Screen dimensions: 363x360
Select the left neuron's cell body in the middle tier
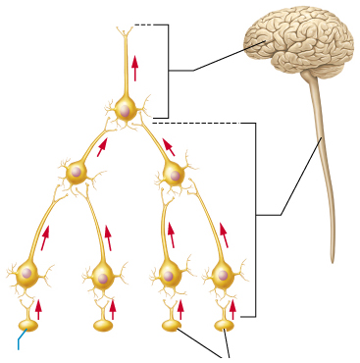(77, 174)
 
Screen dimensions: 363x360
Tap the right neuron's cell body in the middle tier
(174, 175)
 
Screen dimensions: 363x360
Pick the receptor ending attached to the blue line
(26, 324)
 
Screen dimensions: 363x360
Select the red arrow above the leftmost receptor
(38, 308)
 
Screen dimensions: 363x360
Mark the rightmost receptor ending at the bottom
(225, 323)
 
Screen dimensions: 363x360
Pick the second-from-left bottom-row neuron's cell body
(102, 276)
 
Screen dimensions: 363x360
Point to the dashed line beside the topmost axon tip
(145, 25)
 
